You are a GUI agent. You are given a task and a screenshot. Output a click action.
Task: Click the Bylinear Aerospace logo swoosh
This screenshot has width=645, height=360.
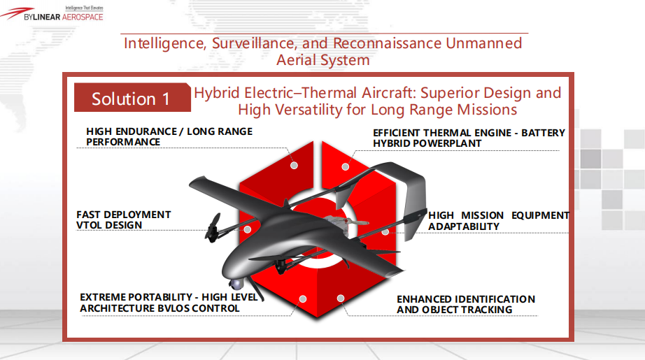click(x=17, y=13)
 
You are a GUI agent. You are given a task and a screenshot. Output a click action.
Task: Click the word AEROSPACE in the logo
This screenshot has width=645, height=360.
click(x=83, y=17)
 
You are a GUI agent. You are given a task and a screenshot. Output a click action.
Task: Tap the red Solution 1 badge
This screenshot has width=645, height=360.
click(x=132, y=97)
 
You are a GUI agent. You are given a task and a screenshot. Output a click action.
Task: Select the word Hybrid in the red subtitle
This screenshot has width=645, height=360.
click(x=217, y=93)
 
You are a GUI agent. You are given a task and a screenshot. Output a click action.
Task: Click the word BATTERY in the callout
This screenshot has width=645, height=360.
click(x=543, y=133)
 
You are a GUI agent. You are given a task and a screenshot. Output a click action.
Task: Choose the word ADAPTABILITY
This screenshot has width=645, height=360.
click(x=464, y=226)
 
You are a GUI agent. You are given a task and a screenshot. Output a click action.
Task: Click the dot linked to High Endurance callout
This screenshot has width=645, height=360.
click(x=294, y=165)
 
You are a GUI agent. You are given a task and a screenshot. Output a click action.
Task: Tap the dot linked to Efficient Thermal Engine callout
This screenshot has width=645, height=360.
click(x=345, y=166)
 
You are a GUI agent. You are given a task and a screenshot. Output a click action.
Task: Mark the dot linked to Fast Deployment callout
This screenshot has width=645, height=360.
click(x=247, y=229)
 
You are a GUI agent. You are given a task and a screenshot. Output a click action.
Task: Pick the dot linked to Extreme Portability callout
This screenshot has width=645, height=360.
click(x=303, y=298)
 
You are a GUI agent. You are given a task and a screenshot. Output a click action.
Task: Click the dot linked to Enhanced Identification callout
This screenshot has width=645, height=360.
click(x=340, y=298)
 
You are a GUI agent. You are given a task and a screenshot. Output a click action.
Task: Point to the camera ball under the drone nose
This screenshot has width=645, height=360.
click(x=235, y=284)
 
